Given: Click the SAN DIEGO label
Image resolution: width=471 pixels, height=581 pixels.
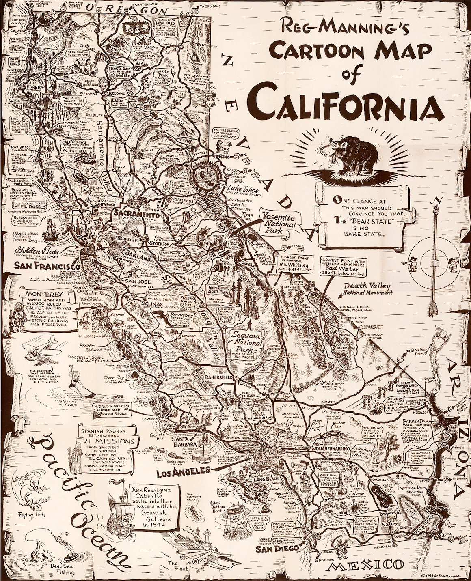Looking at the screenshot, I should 276,549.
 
